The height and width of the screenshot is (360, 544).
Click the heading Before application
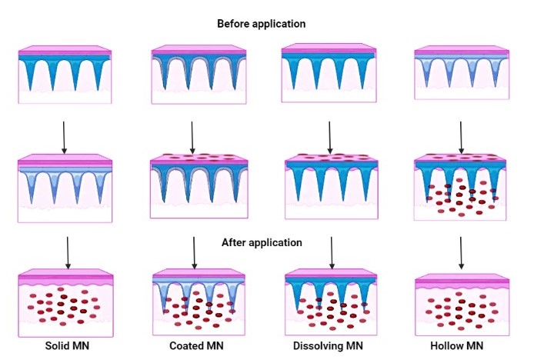pos(261,24)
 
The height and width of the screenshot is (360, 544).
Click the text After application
pos(261,242)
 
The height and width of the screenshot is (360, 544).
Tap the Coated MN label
pos(195,346)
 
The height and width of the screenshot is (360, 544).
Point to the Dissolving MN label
pos(326,346)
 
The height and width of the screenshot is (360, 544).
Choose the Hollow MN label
pos(459,346)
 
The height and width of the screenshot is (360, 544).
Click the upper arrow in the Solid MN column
pos(64,135)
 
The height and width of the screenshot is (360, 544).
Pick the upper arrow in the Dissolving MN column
pos(329,135)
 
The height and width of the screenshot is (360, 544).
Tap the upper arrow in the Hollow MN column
pos(460,135)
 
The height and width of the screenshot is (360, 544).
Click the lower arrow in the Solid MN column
pos(68,252)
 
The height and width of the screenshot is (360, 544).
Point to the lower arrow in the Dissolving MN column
pos(331,252)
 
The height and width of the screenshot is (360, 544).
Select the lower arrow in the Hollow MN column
pos(460,252)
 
